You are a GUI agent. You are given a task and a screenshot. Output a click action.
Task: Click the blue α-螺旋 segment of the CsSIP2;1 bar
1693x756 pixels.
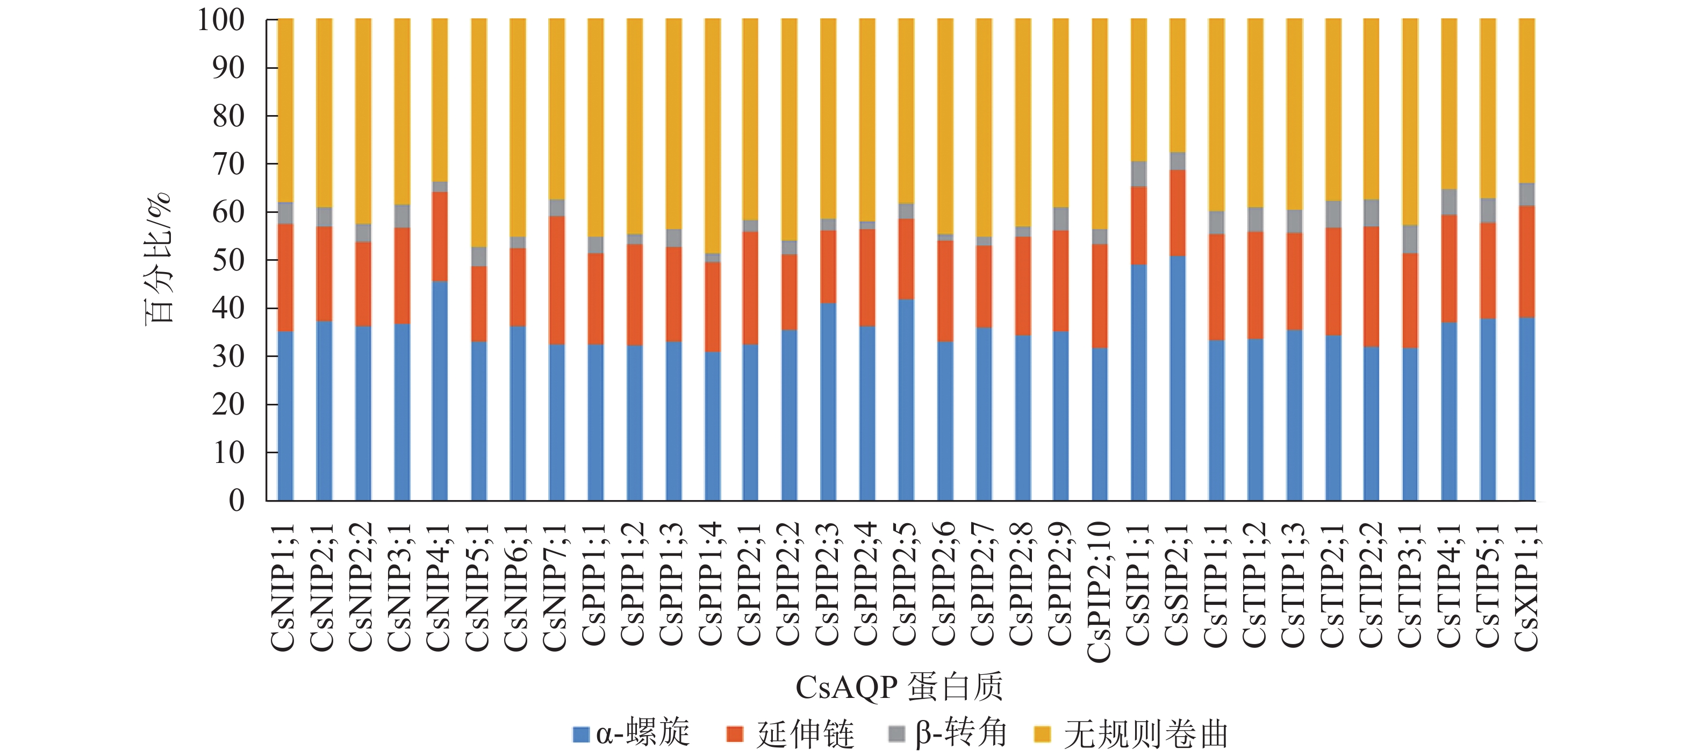point(1177,378)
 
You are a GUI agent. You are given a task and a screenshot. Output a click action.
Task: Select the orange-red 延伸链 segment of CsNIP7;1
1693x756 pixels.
point(557,280)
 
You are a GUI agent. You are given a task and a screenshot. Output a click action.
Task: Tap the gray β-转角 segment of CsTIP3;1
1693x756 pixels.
point(1410,239)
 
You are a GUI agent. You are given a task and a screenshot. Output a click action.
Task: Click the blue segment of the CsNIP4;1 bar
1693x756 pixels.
point(440,391)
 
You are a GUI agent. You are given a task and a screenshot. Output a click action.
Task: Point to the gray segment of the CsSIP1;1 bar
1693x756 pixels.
point(1138,174)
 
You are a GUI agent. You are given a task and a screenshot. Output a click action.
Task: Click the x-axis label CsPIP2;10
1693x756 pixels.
point(1100,591)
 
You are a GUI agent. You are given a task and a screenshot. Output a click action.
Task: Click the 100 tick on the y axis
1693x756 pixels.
point(221,20)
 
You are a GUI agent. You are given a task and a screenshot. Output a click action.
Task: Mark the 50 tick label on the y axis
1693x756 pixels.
point(228,260)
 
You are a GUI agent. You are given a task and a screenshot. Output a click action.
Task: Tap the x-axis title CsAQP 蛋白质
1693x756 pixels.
point(899,687)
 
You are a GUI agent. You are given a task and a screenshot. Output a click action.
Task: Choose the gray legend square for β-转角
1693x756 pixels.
point(896,733)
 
